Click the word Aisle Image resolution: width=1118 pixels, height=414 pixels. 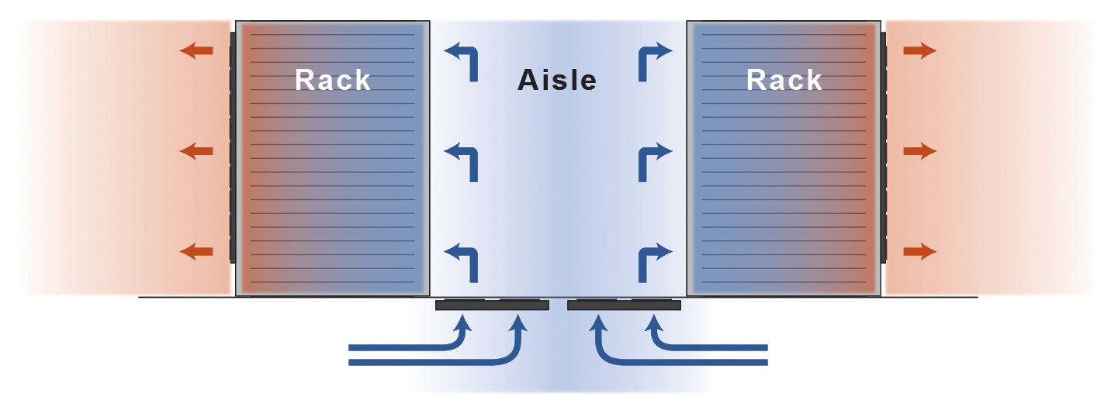point(557,80)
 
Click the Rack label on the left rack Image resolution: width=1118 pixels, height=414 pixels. point(333,80)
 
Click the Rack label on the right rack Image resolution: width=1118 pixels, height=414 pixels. point(784,80)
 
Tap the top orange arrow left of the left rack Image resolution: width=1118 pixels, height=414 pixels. point(196,51)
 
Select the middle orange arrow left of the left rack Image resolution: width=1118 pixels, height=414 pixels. point(196,151)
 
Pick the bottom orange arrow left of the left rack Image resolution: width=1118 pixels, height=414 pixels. point(196,251)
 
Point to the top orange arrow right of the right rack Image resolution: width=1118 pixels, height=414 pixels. point(920,51)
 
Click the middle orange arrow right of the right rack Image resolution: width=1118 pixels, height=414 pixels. point(920,151)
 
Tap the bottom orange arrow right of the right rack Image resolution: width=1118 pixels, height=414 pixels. point(920,251)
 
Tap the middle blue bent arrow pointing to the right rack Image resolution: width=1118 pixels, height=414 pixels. point(652,159)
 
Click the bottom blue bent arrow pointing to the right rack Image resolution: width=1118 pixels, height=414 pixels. point(652,260)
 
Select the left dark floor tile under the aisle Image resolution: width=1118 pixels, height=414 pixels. point(492,305)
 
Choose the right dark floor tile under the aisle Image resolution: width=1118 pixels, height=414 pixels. point(624,305)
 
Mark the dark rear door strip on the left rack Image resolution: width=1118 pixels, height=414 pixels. point(232,147)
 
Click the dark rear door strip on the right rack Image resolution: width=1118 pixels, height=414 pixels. point(884,147)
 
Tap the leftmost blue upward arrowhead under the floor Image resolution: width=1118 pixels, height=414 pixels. point(464,323)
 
